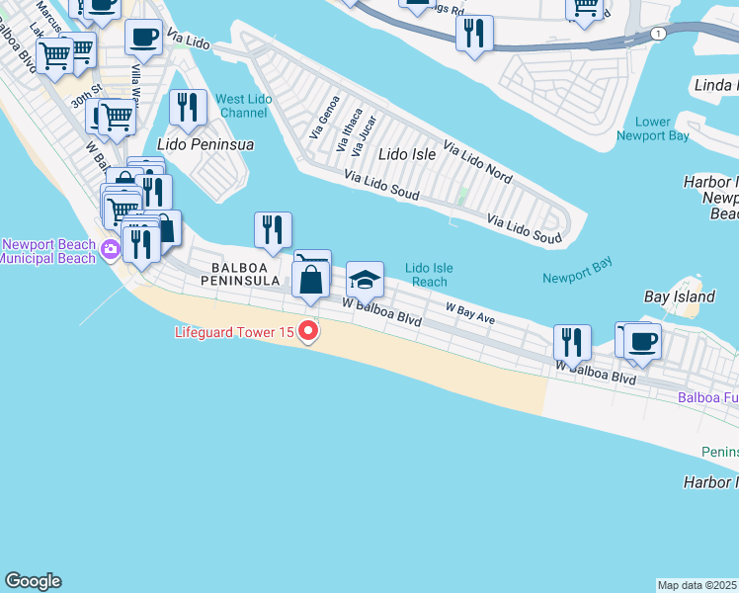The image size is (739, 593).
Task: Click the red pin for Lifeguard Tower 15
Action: pos(308,332)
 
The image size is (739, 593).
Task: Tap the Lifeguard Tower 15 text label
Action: pos(234,332)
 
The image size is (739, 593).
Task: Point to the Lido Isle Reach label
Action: pos(430,275)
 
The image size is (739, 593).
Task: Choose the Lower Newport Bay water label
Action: pos(652,128)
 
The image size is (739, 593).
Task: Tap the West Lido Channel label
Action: pos(242,106)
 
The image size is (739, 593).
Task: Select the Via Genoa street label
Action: pos(319,116)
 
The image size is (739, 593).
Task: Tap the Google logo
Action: pos(33,581)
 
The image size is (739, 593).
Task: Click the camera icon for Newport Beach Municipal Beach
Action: pos(110,251)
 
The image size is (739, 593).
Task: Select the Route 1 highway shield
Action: pos(657,34)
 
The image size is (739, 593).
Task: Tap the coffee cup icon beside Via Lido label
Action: pos(144,38)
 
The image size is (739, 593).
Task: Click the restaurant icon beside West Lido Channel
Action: pos(188,107)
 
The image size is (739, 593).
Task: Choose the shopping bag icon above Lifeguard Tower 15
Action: pos(311,279)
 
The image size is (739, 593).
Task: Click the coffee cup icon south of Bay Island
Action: pos(642,342)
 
